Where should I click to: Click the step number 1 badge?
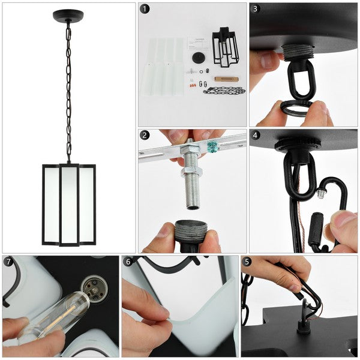(145, 9)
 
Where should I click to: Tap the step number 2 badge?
(145, 135)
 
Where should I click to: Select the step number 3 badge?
(256, 9)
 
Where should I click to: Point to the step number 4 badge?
(256, 135)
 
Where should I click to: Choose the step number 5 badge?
(247, 262)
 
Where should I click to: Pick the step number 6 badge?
(128, 262)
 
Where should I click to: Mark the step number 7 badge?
(8, 262)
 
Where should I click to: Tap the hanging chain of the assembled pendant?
(68, 90)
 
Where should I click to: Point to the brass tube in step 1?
(225, 79)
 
